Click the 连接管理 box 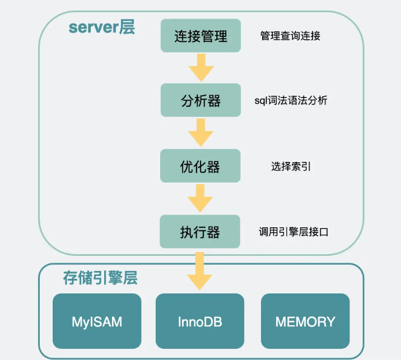pyautogui.click(x=200, y=36)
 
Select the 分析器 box pyautogui.click(x=200, y=100)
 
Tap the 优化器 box pyautogui.click(x=200, y=166)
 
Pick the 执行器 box pyautogui.click(x=200, y=231)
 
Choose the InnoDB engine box pyautogui.click(x=200, y=321)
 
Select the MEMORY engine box pyautogui.click(x=305, y=321)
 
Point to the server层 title pyautogui.click(x=101, y=27)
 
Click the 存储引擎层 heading pyautogui.click(x=100, y=278)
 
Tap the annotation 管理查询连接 pyautogui.click(x=290, y=36)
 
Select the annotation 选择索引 pyautogui.click(x=290, y=166)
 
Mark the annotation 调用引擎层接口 pyautogui.click(x=293, y=232)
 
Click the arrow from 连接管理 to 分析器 pyautogui.click(x=200, y=68)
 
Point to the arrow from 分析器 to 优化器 pyautogui.click(x=200, y=133)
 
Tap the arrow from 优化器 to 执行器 pyautogui.click(x=200, y=198)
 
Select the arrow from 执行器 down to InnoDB pyautogui.click(x=200, y=270)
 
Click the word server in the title pyautogui.click(x=94, y=27)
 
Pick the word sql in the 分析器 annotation pyautogui.click(x=260, y=101)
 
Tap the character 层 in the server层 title pyautogui.click(x=127, y=27)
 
